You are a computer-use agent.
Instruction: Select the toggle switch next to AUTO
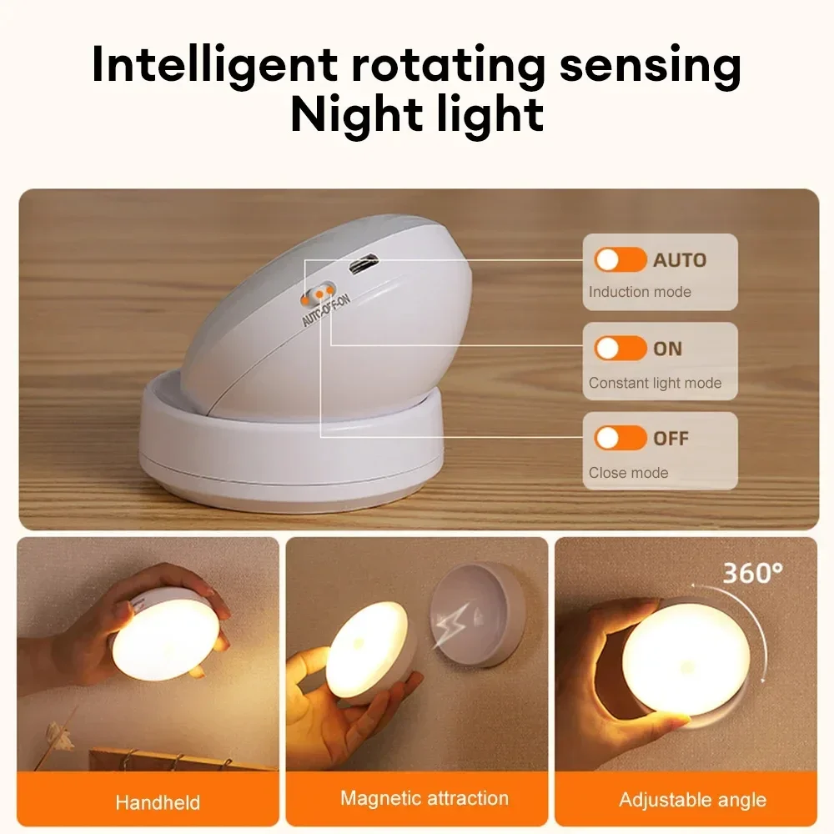tap(620, 259)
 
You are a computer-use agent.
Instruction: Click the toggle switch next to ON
tap(620, 349)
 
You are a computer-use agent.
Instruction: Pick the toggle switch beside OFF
tap(620, 437)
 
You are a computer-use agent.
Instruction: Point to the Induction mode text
tap(640, 292)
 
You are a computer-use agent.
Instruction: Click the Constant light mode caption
tap(655, 384)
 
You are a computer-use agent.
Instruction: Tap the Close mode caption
tap(628, 473)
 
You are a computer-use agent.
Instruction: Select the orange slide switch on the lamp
tap(315, 294)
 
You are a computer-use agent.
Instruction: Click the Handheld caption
tap(158, 802)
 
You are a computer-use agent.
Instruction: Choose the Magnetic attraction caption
tap(424, 798)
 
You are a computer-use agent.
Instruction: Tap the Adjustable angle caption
tap(692, 800)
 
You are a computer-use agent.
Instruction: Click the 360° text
tap(752, 574)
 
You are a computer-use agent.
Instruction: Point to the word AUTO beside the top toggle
tap(679, 259)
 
